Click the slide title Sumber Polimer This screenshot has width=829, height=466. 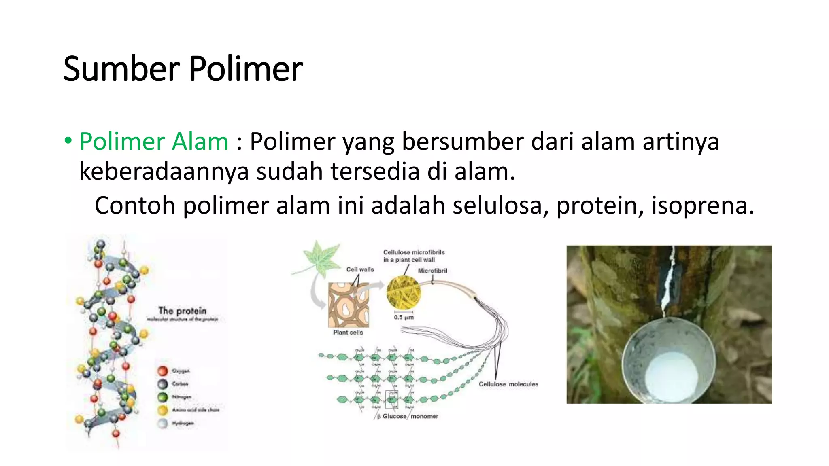[183, 69]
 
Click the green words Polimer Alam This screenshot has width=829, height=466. [154, 142]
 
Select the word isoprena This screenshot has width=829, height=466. [703, 205]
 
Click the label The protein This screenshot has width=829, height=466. [182, 311]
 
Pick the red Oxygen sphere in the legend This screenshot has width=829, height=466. [163, 371]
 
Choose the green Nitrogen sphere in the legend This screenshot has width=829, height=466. [163, 397]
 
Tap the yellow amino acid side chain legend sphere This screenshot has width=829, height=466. [163, 410]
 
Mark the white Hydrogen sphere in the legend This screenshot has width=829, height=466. [163, 424]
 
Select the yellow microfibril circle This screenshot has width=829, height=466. [403, 292]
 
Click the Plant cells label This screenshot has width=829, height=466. [348, 333]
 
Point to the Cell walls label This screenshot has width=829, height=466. [360, 269]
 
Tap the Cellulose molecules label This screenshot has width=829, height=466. [508, 384]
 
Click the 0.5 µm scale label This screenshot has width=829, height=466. [404, 318]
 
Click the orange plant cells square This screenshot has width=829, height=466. [349, 305]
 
